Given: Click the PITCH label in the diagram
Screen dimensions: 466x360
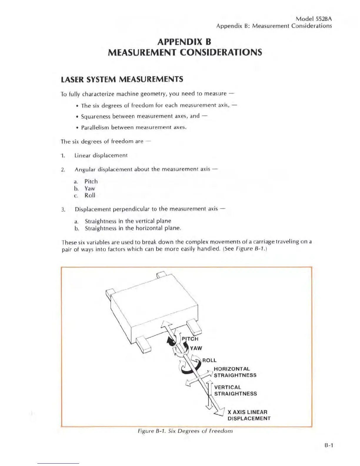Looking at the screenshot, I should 190,339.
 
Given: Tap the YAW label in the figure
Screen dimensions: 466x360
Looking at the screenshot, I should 196,348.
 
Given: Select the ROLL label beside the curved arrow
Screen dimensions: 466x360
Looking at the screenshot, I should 209,360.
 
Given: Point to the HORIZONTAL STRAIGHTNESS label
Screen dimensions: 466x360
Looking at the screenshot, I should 235,372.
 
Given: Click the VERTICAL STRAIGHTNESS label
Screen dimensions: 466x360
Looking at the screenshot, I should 235,390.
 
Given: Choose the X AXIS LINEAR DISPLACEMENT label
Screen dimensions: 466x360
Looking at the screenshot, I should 249,415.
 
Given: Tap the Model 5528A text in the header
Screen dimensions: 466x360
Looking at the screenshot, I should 314,19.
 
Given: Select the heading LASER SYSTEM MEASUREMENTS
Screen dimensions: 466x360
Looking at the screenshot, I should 122,79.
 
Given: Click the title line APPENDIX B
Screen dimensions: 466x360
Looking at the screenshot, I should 184,42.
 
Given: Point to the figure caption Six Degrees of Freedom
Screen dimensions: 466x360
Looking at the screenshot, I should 185,431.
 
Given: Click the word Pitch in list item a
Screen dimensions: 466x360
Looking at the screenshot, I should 91,182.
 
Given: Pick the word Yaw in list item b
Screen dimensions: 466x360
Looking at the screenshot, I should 90,189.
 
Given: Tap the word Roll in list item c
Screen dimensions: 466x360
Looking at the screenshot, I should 90,195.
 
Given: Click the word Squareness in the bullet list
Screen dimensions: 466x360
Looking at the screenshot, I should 96,116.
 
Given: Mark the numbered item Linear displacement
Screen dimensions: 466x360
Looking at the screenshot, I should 101,155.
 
